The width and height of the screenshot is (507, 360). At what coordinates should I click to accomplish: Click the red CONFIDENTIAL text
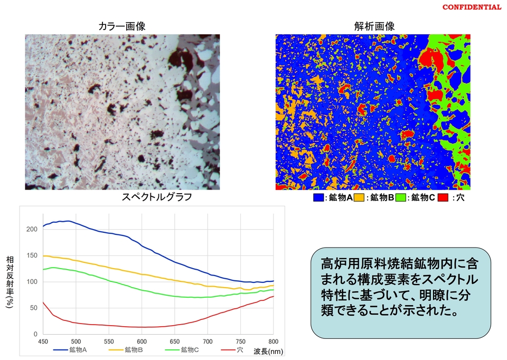coord(472,7)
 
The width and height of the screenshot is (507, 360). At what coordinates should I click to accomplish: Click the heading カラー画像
coord(122,26)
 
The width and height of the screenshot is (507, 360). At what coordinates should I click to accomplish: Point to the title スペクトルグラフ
coord(156,197)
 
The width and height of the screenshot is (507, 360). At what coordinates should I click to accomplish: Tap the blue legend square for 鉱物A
coord(318,198)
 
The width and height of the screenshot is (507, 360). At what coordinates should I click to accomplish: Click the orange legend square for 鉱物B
coord(360,198)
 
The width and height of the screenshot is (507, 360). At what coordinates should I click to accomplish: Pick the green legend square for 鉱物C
coord(400,198)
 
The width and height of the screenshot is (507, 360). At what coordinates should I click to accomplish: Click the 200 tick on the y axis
coord(33,229)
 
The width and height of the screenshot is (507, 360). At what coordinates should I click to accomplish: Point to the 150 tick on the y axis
coord(33,255)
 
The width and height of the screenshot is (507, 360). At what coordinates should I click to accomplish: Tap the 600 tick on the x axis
coord(142,341)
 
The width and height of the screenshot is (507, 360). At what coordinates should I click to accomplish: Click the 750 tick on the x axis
coord(240,341)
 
